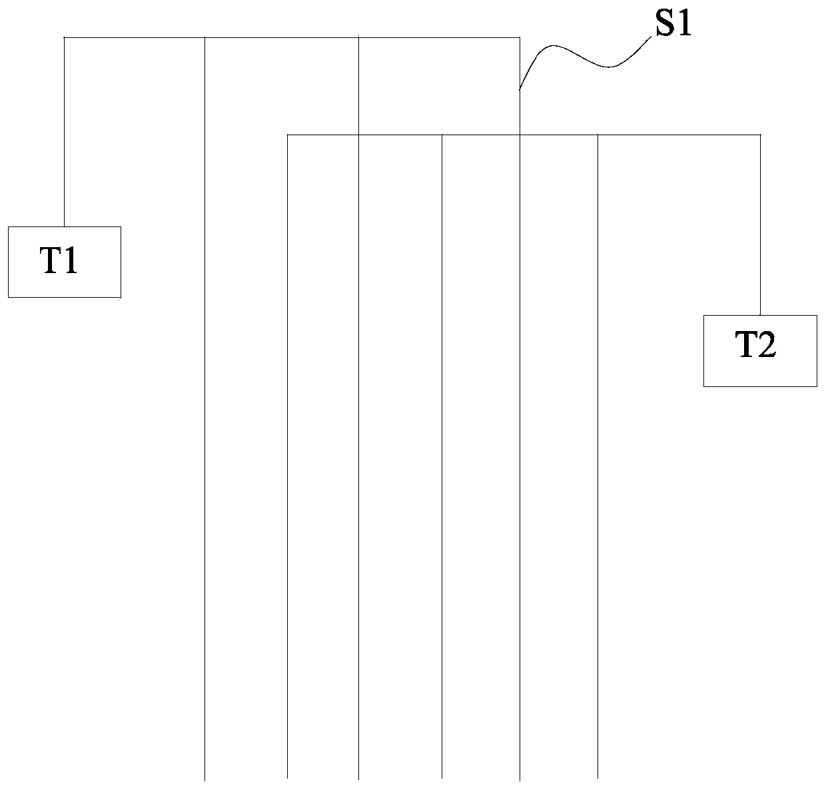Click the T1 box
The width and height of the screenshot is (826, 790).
[64, 262]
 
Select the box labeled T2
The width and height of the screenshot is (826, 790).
[760, 350]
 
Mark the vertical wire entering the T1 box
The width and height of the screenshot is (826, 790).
[64, 133]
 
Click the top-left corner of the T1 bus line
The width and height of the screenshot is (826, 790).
[64, 38]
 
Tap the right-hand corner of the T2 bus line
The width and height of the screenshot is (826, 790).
[760, 135]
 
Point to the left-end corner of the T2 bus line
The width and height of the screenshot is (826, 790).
[288, 135]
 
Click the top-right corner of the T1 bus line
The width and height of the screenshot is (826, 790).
[520, 38]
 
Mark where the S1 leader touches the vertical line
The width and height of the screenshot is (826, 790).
[520, 89]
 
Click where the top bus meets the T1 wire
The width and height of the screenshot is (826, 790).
[64, 38]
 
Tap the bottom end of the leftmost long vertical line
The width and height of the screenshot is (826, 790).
[205, 779]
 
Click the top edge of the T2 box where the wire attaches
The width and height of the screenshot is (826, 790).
[760, 315]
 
